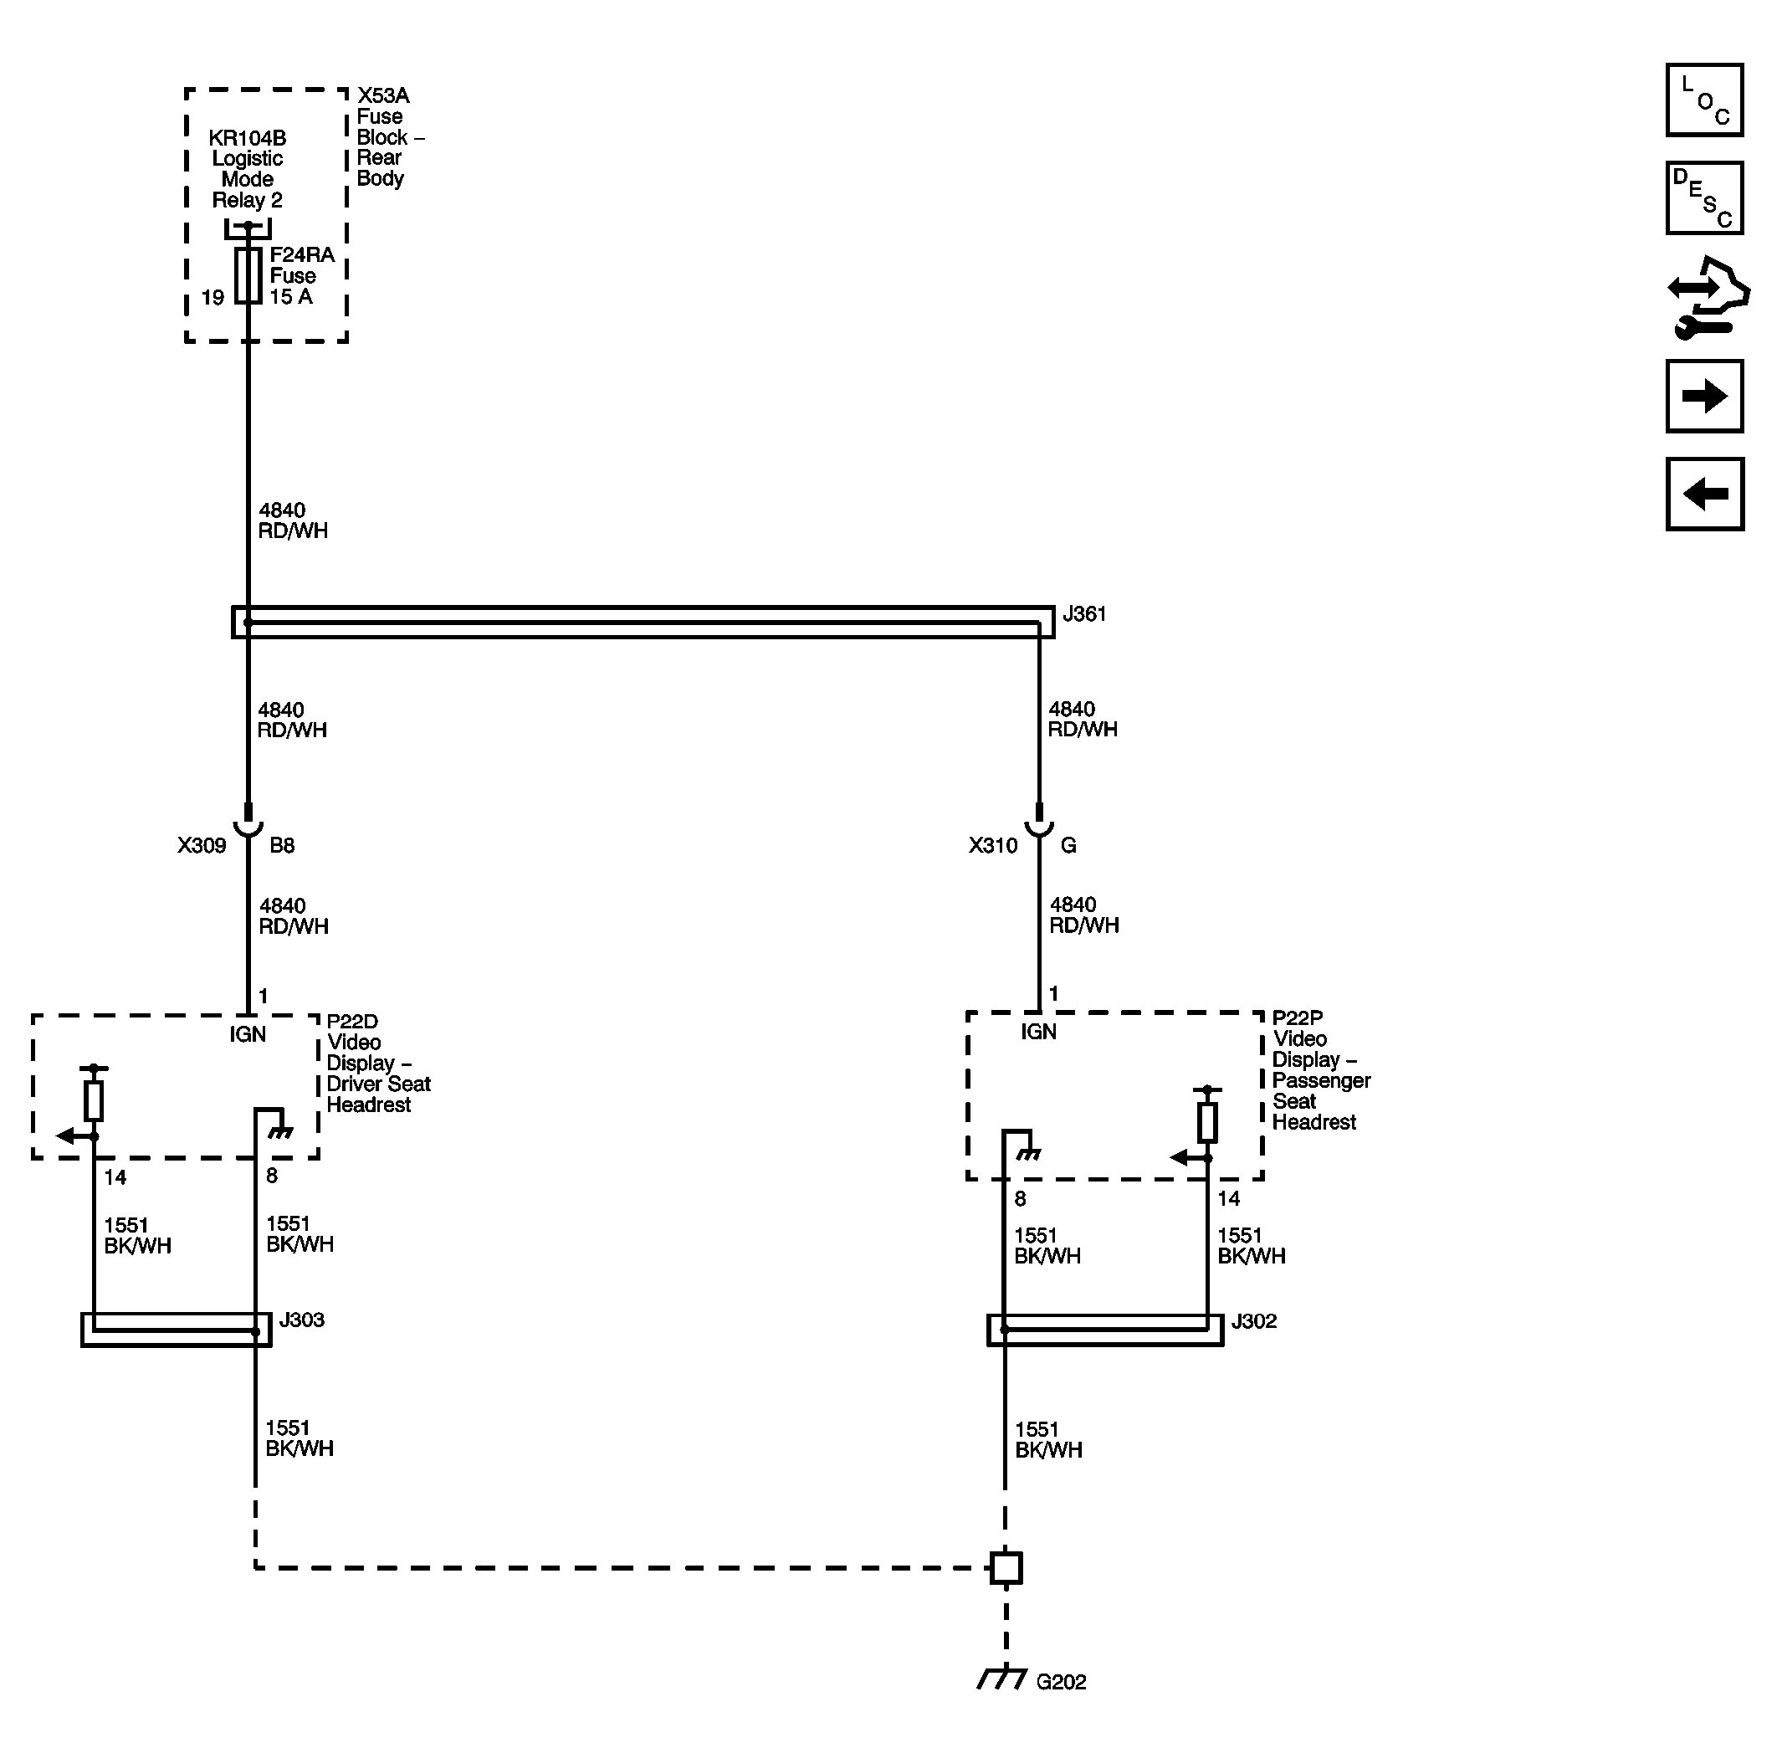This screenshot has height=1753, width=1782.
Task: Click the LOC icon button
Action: (x=1703, y=100)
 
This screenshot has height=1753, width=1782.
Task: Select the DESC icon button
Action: (x=1703, y=198)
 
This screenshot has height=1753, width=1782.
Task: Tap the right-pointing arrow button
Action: (x=1703, y=396)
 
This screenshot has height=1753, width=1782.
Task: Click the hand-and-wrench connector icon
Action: (x=1708, y=297)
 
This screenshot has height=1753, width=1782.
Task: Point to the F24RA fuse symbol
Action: (x=248, y=275)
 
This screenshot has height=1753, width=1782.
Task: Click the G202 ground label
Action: (x=1060, y=1682)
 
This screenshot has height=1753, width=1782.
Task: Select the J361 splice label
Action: (x=1084, y=614)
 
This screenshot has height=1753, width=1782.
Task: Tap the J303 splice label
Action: (x=302, y=1320)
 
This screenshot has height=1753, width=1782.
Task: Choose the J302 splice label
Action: (x=1253, y=1321)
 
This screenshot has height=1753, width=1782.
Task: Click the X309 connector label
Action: (x=202, y=845)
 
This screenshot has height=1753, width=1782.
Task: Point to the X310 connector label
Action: (x=992, y=845)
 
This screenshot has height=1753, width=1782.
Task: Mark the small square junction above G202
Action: (x=1005, y=1567)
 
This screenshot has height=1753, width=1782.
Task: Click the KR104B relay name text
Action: (x=247, y=138)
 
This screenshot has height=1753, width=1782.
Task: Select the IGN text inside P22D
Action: (x=248, y=1034)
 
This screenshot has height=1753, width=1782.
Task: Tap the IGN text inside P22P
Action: (x=1038, y=1031)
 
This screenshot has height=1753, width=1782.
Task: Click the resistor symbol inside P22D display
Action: (x=93, y=1100)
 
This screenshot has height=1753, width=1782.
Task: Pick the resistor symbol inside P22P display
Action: (x=1206, y=1122)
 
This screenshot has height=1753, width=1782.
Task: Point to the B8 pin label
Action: (x=282, y=845)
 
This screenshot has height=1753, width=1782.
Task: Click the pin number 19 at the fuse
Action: (x=213, y=297)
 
